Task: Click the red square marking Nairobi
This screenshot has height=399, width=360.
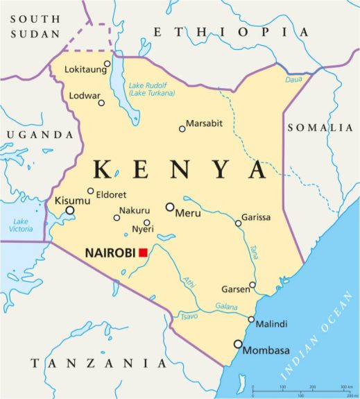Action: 144,253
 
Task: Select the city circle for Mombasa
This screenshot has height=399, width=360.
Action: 239,343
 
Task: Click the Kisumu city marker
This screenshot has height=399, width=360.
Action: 69,210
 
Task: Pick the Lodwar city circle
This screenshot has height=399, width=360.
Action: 101,103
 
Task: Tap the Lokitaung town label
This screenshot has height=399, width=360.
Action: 83,69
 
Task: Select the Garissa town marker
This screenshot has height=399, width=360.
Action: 238,223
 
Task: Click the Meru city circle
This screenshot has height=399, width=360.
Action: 169,207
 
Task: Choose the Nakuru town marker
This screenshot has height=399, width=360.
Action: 117,218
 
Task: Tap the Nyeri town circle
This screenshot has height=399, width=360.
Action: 147,223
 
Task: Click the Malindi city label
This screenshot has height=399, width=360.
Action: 271,324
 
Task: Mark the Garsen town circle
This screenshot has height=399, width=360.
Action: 252,285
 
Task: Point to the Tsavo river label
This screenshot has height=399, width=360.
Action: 188,317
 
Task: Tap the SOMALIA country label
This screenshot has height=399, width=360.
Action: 320,128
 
